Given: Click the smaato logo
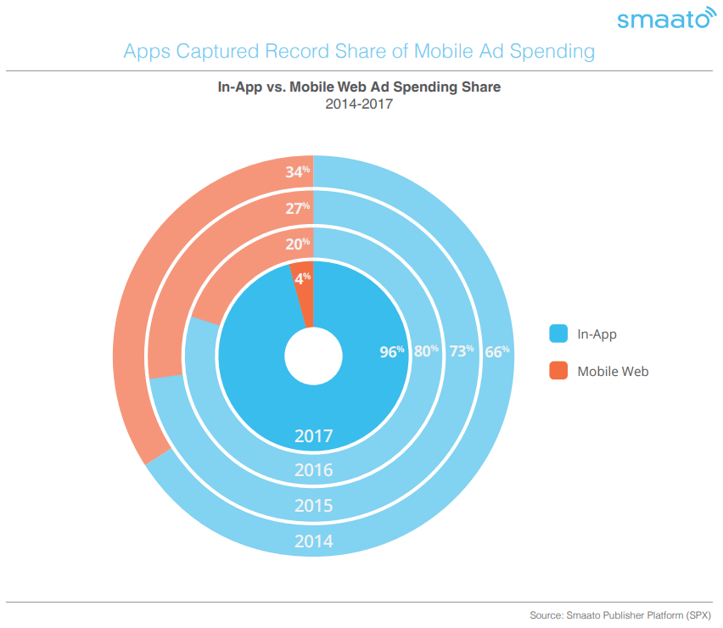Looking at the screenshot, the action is tap(667, 18).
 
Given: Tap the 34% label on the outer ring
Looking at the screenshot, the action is tap(297, 172).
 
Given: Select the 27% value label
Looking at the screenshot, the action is tap(297, 209).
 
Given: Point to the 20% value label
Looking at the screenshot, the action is tap(297, 244).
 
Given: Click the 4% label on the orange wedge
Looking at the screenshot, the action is tap(303, 278).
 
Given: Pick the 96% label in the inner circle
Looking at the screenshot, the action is tap(392, 352).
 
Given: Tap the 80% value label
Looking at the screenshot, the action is tap(426, 351).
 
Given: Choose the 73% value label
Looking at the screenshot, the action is tap(462, 351).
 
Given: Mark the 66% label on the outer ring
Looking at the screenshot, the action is tap(497, 352).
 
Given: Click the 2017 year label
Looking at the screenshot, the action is tap(313, 436).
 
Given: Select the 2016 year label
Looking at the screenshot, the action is tap(313, 470).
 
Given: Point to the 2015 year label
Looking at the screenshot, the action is tap(313, 506).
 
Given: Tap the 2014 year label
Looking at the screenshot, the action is tap(313, 541).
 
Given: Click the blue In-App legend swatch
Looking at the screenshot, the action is tap(558, 334).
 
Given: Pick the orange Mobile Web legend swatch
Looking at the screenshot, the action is tap(558, 371).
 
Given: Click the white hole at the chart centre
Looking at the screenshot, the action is tap(313, 356).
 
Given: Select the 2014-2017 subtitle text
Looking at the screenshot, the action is tap(359, 104).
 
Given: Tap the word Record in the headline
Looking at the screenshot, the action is tap(297, 51).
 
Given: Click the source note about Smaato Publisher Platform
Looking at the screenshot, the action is tap(620, 615).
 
